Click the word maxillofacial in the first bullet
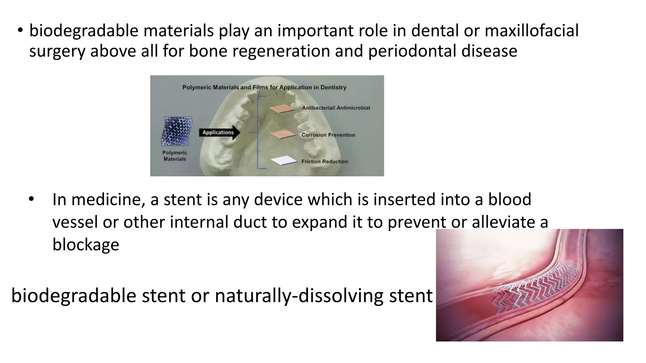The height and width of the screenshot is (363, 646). pos(531,31)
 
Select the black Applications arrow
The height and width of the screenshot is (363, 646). pos(219,133)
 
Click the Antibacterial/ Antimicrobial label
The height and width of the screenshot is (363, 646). pos(336,108)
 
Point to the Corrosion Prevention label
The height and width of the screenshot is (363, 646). pos(328,135)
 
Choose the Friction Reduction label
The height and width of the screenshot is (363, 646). pos(324,161)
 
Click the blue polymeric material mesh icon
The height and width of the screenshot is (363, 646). pos(177,131)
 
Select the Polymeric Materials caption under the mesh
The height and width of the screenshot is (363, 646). pos(175,156)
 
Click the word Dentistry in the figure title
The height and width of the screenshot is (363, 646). pos(333,87)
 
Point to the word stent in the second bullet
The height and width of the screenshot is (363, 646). pos(183,200)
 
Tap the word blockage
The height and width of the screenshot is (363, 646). pos(85,245)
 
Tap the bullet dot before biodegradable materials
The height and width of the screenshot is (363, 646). pos(21,31)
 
